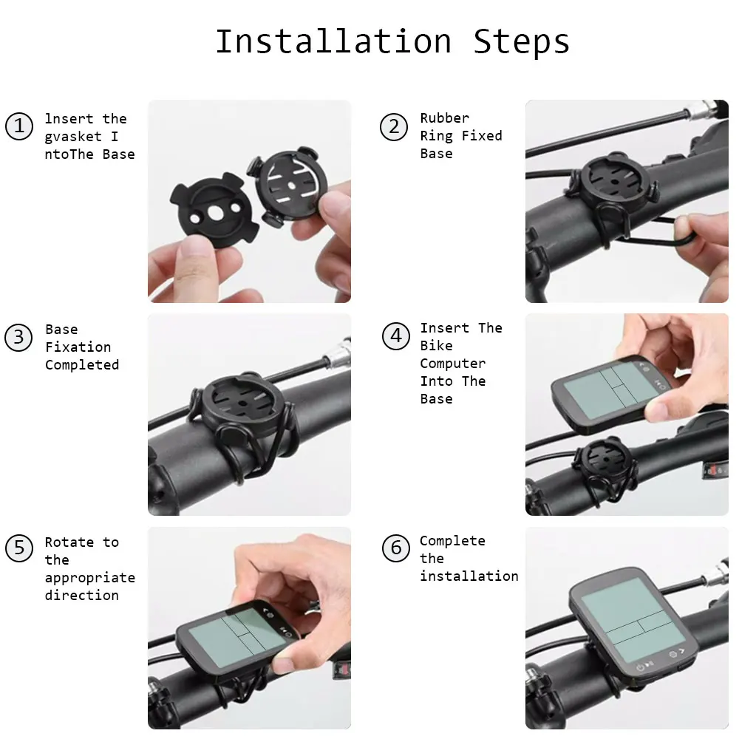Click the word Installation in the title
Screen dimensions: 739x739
coord(334,41)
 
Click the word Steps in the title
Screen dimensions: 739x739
coord(521,42)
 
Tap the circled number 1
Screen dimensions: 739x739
coord(19,126)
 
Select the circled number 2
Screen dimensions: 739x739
coord(394,127)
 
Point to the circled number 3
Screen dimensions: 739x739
coord(18,338)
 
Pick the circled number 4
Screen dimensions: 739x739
coord(396,336)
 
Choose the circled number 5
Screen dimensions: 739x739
coord(19,548)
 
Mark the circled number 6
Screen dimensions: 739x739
coord(396,548)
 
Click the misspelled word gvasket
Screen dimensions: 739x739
coord(73,137)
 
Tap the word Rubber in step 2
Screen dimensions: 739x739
coord(444,118)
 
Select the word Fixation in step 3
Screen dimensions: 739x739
coord(78,347)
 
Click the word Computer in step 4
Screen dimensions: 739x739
coord(452,364)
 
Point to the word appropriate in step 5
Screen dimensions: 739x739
coord(90,579)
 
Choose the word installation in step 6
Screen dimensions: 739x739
coord(469,576)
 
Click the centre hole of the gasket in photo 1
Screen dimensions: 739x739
coord(215,213)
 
